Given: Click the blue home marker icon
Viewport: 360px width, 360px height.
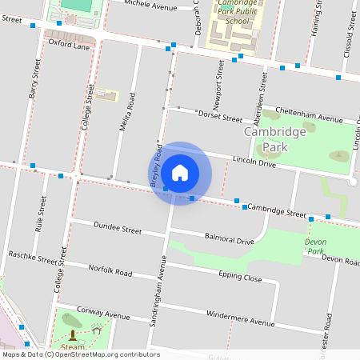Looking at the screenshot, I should pos(180,173).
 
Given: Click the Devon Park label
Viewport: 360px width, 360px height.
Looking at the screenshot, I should pos(315,246).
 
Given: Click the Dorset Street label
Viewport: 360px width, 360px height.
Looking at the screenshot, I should pos(220,118).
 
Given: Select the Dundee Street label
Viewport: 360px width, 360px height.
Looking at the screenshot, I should pos(118,230).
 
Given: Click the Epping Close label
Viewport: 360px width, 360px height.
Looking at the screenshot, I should pos(240,277).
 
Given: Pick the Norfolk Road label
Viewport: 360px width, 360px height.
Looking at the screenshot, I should pos(110,271).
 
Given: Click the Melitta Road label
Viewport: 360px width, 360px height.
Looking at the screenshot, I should pos(126,112).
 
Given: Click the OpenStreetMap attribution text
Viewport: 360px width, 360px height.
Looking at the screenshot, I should pos(80,354).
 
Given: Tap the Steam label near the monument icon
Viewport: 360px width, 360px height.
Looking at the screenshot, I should pos(73,346).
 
